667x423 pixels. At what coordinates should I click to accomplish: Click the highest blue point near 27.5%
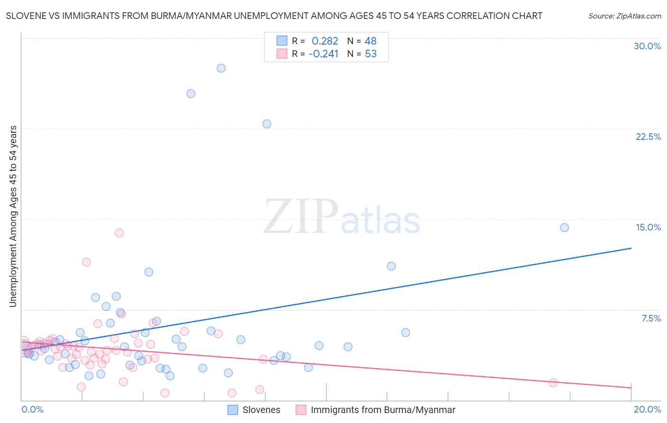coord(221,68)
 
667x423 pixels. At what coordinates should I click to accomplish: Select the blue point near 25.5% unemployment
coord(191,94)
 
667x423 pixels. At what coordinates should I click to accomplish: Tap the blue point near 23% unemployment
coord(267,124)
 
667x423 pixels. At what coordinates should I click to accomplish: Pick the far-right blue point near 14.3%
coord(565,228)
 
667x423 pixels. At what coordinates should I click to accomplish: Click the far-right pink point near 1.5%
coord(553,383)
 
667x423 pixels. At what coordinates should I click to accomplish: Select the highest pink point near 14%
coord(119,233)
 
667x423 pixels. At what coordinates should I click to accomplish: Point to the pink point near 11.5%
coord(86,262)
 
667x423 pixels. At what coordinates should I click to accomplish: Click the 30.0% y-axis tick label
coord(647,46)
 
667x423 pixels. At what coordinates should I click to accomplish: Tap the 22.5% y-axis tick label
coord(648,137)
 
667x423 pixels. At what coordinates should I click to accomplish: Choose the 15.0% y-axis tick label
coord(648,228)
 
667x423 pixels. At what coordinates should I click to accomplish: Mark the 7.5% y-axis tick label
coord(651,319)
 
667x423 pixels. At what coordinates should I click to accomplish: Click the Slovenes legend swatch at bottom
coord(232,410)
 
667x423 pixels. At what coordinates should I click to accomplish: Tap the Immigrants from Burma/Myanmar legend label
coord(383,410)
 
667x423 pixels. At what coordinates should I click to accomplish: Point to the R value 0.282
coord(325,41)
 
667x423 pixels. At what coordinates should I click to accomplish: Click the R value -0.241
coord(324,54)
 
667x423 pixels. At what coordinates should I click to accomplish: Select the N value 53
coord(371,54)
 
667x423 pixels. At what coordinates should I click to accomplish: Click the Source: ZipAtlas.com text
coord(624,16)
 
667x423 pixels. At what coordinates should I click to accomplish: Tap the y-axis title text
coord(13,216)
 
